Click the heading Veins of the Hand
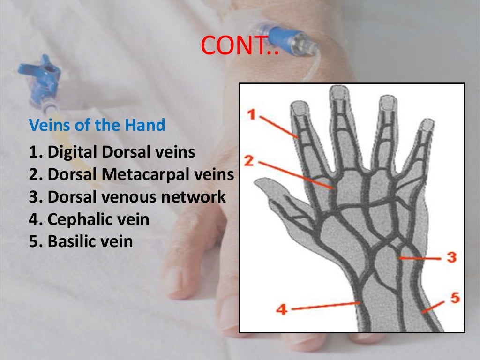click(97, 125)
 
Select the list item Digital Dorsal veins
click(112, 152)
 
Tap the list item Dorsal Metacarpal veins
click(131, 174)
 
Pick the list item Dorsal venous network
click(127, 197)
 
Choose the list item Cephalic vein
click(89, 219)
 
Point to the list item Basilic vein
click(81, 241)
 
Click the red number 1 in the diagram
click(252, 114)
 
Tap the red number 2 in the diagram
click(249, 161)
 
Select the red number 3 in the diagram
click(451, 257)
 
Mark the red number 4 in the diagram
click(281, 309)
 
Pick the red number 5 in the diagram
click(455, 298)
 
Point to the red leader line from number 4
click(323, 306)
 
